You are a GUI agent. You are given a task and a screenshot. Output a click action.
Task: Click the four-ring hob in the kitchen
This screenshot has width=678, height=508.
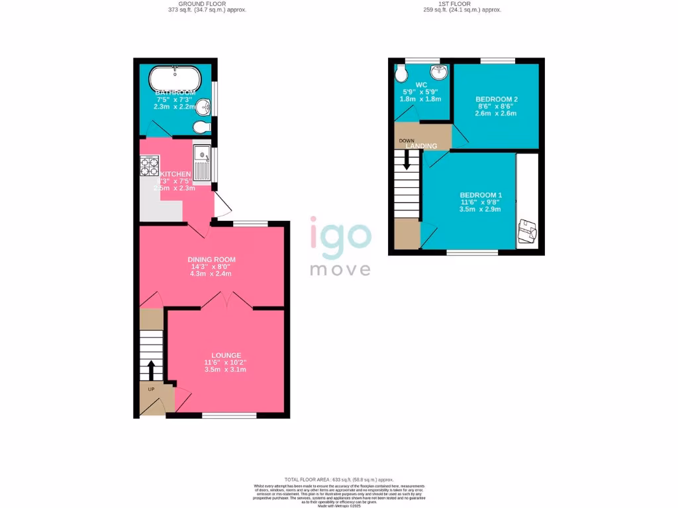point(150,165)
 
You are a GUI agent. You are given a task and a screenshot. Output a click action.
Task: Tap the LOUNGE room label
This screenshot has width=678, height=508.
point(226,355)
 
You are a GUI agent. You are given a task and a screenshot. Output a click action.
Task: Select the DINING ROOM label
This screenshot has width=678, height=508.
point(211,259)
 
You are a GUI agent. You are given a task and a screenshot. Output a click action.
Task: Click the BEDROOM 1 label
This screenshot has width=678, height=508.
point(481,195)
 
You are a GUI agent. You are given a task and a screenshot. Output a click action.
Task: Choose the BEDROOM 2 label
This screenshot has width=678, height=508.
point(497,99)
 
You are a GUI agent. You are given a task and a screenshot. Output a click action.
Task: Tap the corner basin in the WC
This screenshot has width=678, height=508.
point(439,71)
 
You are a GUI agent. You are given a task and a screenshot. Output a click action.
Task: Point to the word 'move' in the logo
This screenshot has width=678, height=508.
point(341,269)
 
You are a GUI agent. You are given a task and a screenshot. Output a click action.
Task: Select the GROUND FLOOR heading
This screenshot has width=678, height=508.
point(207,4)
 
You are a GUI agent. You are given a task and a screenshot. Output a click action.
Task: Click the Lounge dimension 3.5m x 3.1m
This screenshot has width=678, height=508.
point(226,370)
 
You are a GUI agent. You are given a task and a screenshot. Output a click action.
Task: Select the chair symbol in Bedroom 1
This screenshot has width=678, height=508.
point(527,232)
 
